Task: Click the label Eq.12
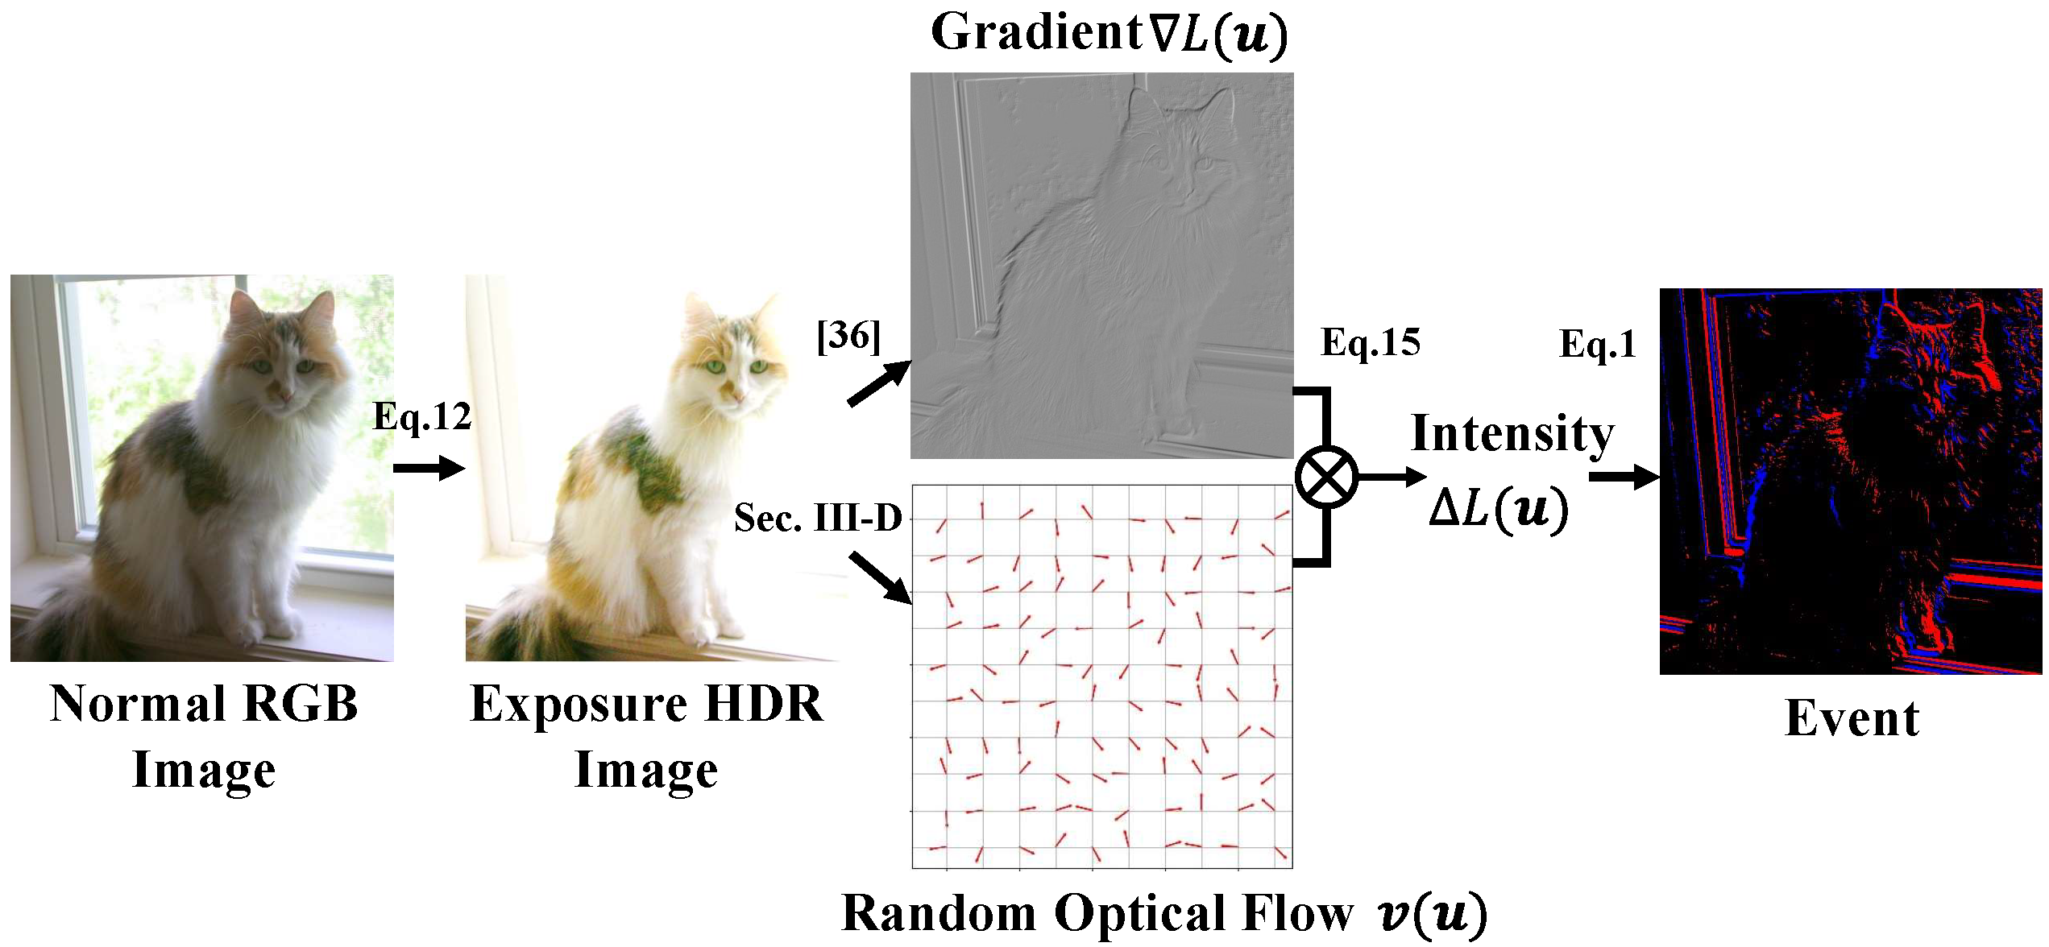pyautogui.click(x=422, y=417)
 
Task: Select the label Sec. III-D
pyautogui.click(x=818, y=518)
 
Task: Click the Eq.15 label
pyautogui.click(x=1370, y=343)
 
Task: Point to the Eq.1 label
pyautogui.click(x=1598, y=345)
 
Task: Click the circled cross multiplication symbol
pyautogui.click(x=1326, y=477)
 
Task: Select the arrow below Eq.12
pyautogui.click(x=429, y=469)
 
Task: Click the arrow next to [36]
pyautogui.click(x=878, y=384)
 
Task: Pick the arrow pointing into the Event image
pyautogui.click(x=1623, y=478)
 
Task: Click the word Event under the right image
pyautogui.click(x=1852, y=718)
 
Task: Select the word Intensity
pyautogui.click(x=1512, y=434)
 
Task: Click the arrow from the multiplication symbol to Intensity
pyautogui.click(x=1392, y=477)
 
